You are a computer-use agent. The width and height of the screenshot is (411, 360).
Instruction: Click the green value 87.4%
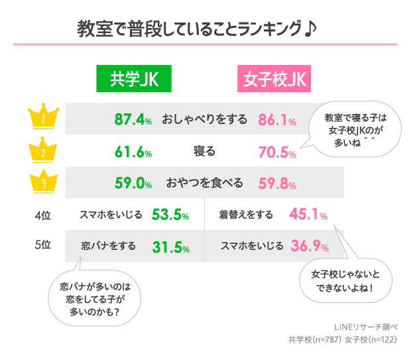[133, 119]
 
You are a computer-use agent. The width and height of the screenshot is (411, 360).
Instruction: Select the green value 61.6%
[133, 152]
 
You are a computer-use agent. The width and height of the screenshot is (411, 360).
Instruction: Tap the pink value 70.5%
[276, 152]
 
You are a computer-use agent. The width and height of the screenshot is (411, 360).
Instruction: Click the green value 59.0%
[133, 184]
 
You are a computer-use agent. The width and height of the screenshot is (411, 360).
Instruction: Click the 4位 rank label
[42, 215]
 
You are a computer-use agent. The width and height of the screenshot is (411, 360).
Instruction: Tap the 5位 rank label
[42, 245]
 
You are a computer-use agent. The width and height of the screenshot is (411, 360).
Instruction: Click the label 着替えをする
[246, 215]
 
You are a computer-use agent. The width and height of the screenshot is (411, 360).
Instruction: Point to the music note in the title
[311, 29]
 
